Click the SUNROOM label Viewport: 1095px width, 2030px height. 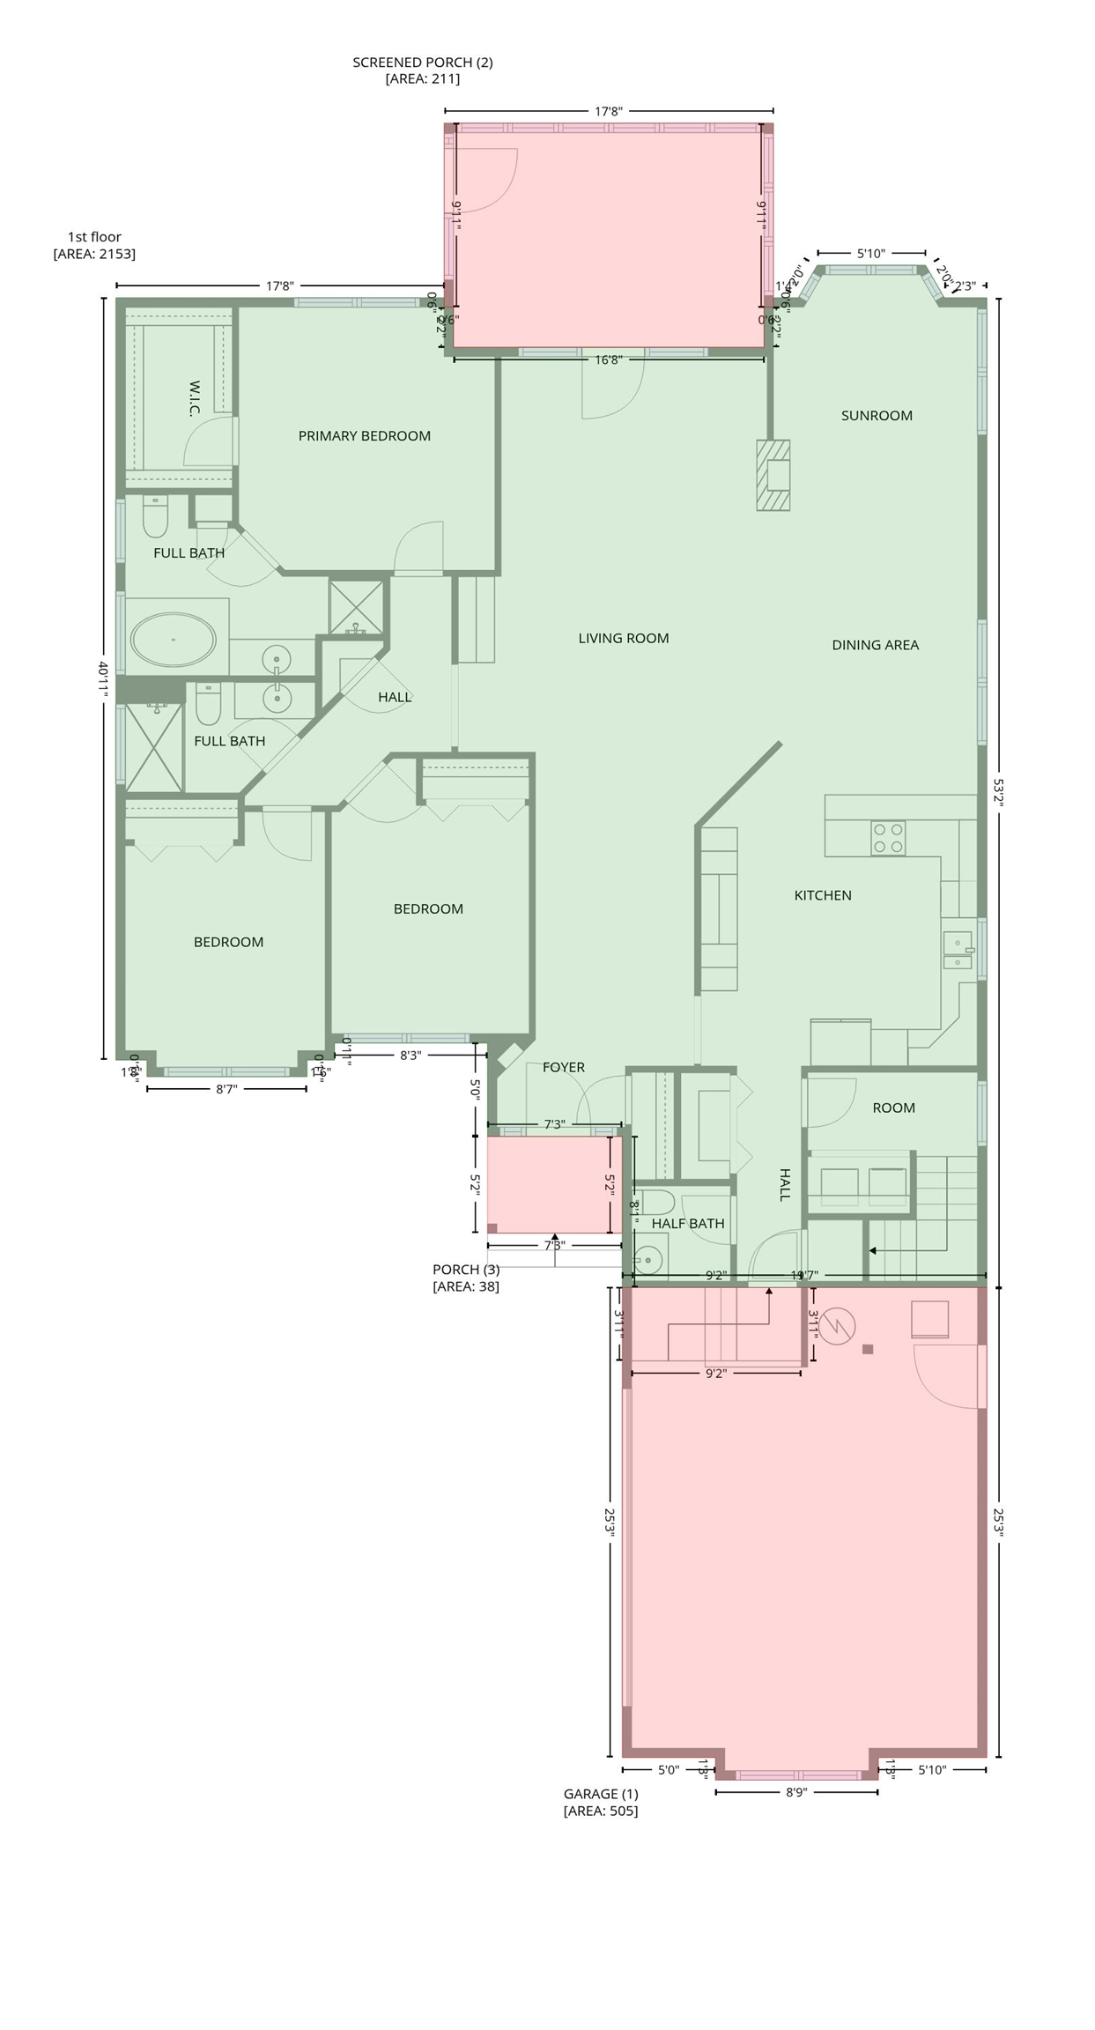coord(876,416)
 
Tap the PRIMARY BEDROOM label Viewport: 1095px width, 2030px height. coord(364,436)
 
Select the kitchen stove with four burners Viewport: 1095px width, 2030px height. coord(887,838)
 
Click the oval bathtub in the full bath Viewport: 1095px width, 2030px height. coord(174,640)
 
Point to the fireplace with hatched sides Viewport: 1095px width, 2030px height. coord(773,475)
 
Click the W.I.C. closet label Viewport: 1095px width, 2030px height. coord(195,398)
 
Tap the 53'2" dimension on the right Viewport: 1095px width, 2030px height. coord(998,791)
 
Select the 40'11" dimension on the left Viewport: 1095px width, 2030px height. coord(104,681)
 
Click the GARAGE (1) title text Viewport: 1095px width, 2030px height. coord(601,1793)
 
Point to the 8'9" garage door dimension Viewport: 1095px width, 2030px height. coord(795,1792)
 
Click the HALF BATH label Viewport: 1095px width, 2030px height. coord(688,1224)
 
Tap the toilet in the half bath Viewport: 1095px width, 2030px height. coord(656,1203)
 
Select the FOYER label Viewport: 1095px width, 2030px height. coord(563,1068)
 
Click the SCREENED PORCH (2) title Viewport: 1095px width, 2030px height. coord(422,63)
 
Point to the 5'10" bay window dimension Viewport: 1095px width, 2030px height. coord(870,254)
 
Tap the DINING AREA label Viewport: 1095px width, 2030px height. coord(875,645)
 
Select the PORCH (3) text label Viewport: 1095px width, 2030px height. coord(465,1270)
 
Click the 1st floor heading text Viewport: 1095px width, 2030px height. coord(94,237)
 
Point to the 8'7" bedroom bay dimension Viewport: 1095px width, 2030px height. coord(226,1089)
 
